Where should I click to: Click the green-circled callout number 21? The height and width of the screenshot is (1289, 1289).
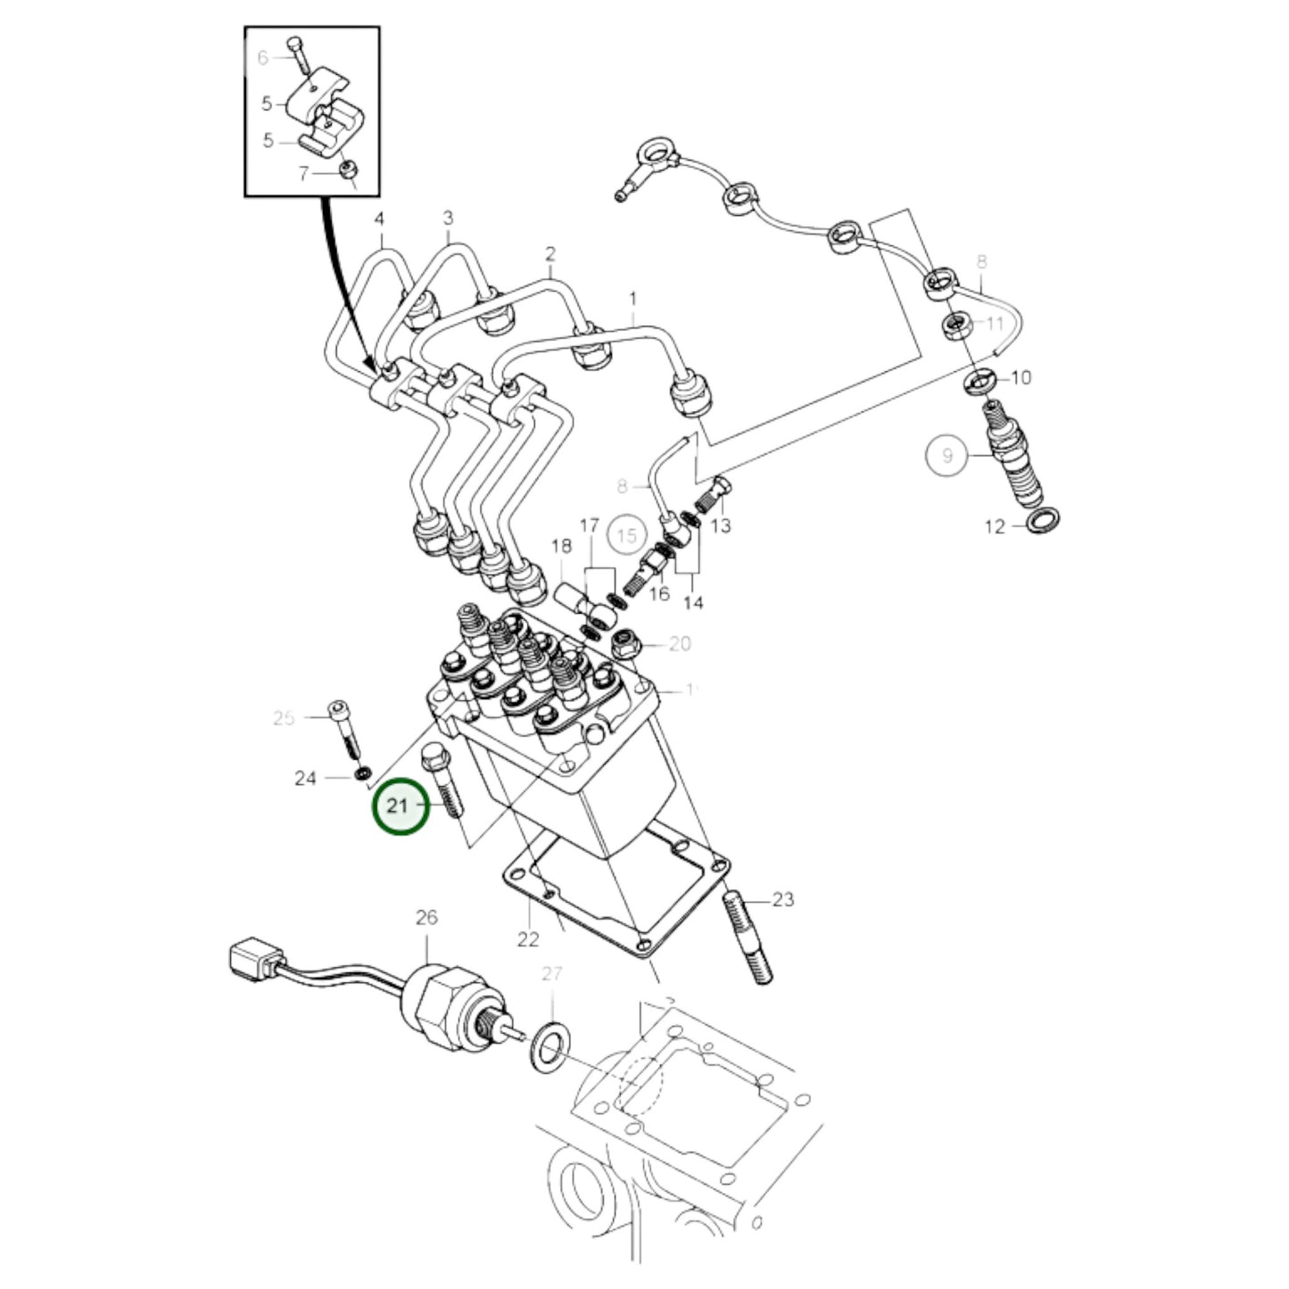[399, 806]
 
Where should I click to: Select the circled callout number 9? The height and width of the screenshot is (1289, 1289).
[947, 456]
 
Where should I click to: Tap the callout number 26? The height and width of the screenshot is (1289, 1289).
[426, 917]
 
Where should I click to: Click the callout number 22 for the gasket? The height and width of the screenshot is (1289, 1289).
[528, 938]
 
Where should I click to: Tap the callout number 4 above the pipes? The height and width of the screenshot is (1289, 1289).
[379, 219]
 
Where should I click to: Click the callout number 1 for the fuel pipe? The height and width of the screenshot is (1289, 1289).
[633, 297]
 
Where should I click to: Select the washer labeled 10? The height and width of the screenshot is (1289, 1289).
[980, 380]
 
